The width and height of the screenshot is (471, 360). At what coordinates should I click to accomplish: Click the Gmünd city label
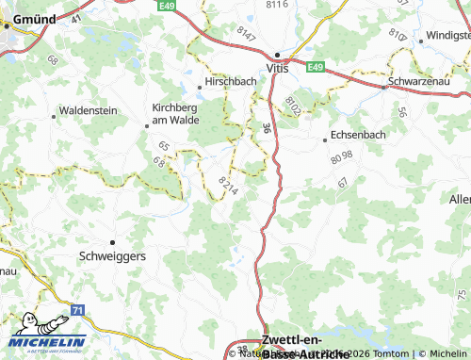click(x=27, y=17)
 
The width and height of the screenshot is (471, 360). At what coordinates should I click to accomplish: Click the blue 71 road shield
click(x=77, y=309)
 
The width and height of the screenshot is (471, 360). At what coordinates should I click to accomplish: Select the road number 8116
click(x=275, y=6)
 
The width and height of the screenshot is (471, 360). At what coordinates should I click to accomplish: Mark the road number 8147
click(x=247, y=34)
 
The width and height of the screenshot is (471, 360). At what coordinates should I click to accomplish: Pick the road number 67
click(x=342, y=182)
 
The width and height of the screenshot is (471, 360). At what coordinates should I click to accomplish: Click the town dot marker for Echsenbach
click(x=325, y=139)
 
